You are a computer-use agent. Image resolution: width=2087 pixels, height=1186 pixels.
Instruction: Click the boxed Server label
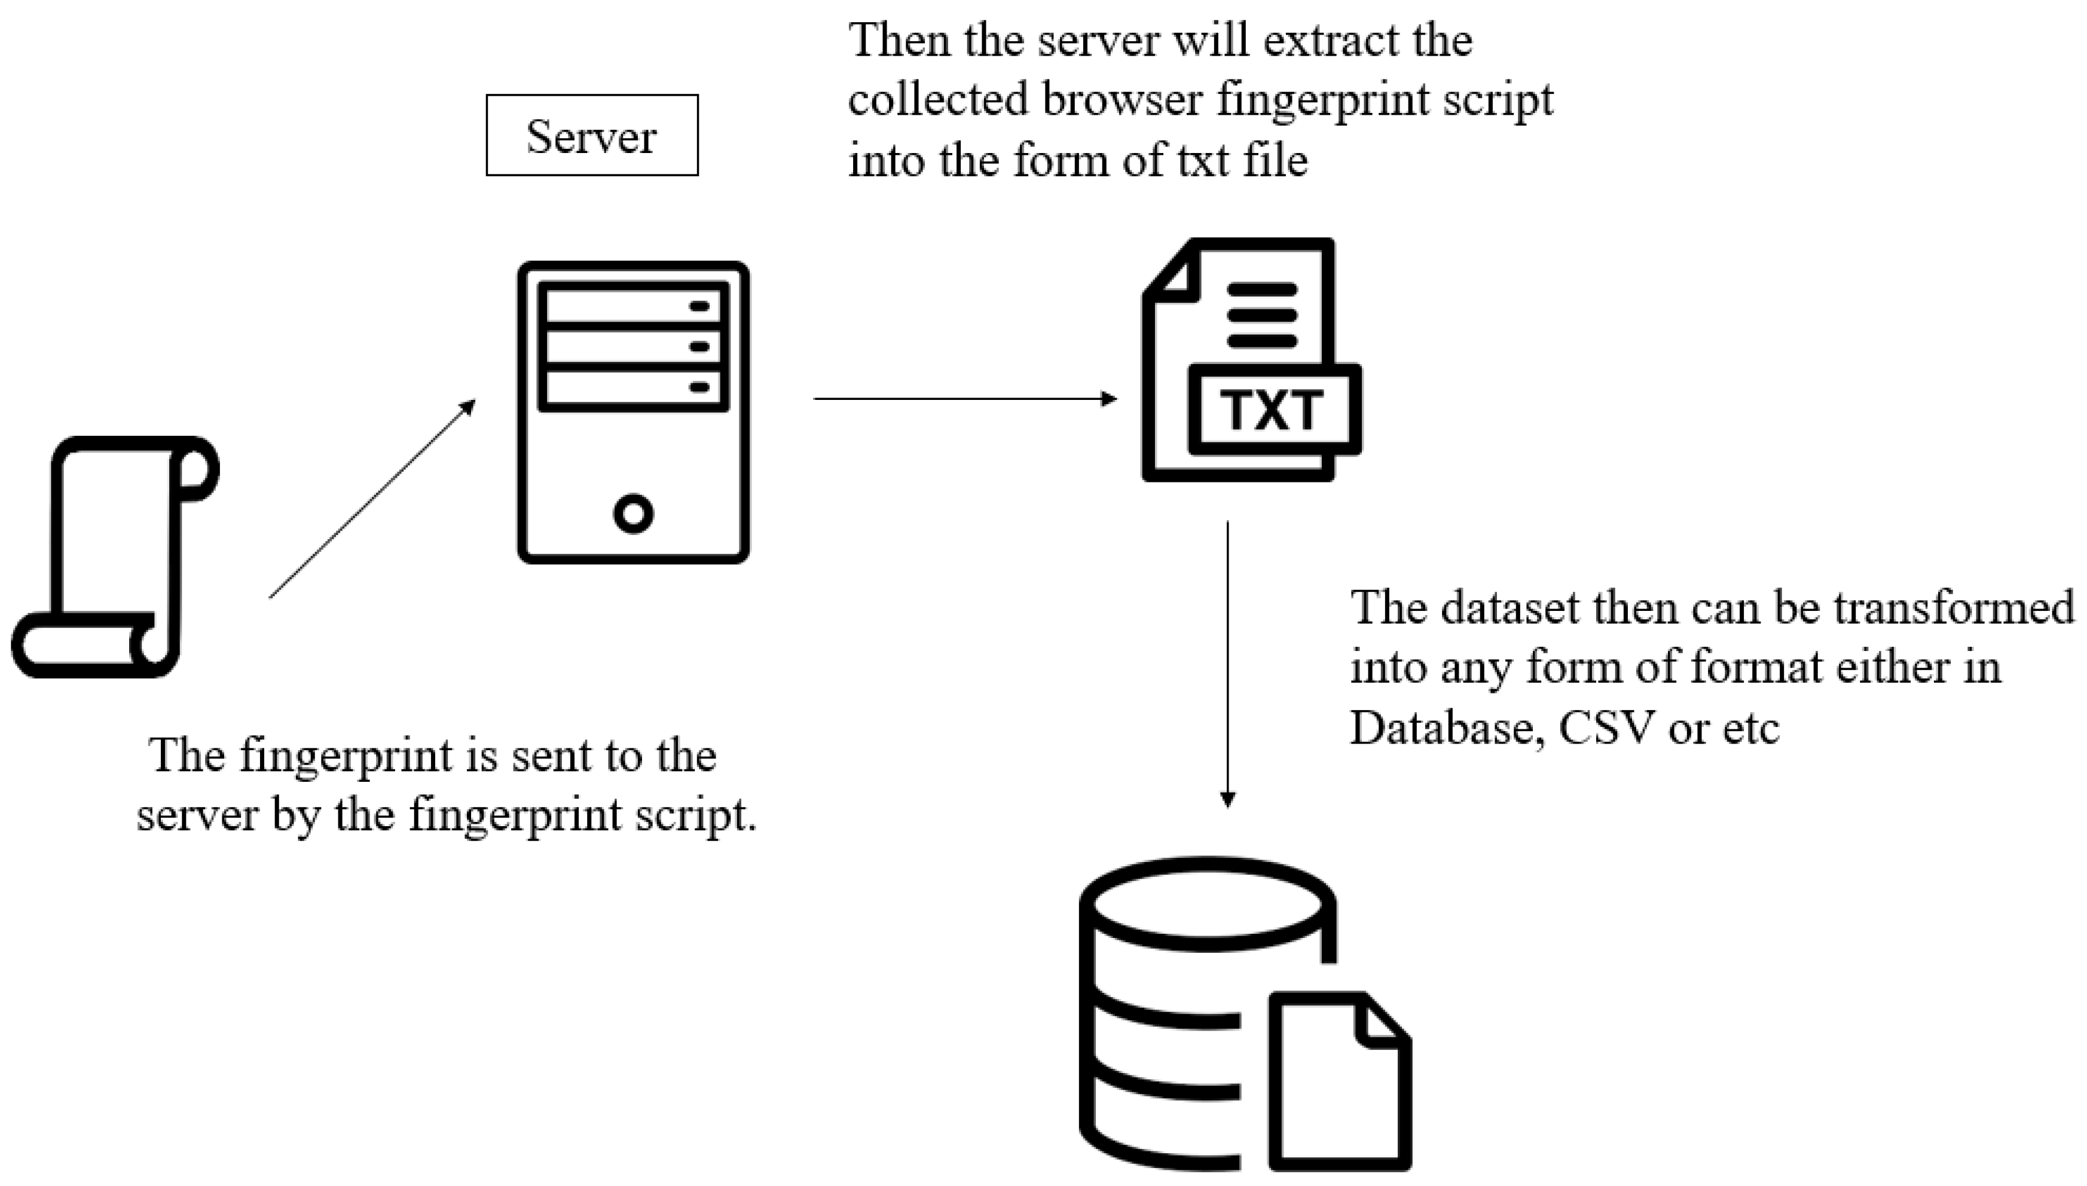tap(591, 135)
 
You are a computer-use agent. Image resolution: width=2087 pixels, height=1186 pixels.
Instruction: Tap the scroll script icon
tap(114, 557)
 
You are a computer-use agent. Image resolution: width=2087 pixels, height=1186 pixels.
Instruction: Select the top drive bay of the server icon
tap(633, 306)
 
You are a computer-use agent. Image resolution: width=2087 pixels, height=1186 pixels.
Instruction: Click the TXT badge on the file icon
tap(1273, 409)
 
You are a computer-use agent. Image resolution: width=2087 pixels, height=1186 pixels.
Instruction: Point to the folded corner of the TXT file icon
tap(1173, 273)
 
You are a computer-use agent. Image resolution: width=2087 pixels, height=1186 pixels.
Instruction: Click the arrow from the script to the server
tap(372, 499)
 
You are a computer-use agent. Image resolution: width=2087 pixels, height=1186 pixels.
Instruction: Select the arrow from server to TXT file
tap(965, 398)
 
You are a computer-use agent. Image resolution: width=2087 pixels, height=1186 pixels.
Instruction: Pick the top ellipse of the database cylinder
tap(1207, 906)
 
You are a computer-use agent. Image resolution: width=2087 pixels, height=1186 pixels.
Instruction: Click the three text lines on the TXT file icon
tap(1262, 315)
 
